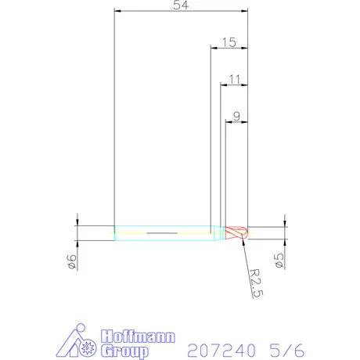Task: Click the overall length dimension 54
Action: point(181,5)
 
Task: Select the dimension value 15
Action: point(229,42)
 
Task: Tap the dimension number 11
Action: point(234,79)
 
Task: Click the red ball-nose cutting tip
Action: point(237,232)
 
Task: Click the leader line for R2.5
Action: point(246,250)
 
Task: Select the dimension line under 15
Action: point(229,49)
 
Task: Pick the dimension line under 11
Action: point(234,85)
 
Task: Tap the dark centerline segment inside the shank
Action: point(160,233)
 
